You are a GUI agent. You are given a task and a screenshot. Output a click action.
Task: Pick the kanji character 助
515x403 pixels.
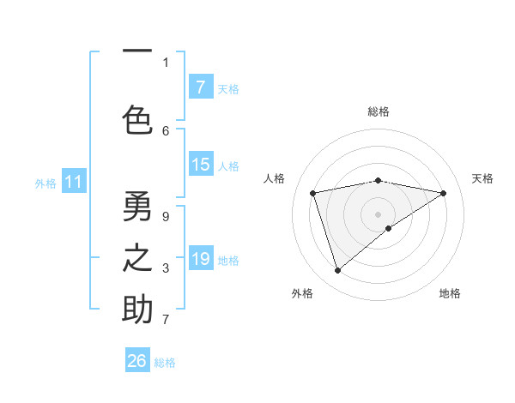click(137, 310)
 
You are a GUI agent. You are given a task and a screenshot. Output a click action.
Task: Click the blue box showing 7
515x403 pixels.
click(200, 87)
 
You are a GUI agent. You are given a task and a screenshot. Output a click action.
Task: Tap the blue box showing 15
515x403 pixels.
click(200, 165)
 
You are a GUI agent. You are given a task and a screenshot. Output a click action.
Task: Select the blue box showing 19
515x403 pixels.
click(200, 259)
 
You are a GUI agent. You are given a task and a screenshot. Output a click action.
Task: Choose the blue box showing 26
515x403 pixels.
click(137, 361)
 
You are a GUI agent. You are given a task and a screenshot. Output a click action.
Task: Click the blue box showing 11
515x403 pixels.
click(73, 182)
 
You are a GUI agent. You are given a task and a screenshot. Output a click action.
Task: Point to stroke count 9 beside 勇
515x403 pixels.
click(166, 216)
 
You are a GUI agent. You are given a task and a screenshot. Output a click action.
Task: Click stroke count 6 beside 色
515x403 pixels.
click(166, 130)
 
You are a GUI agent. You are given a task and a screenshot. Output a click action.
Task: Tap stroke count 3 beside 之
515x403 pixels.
click(166, 268)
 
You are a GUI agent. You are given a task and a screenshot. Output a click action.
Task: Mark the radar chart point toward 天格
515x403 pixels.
click(444, 193)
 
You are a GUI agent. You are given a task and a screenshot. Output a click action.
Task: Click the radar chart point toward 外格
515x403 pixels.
click(337, 271)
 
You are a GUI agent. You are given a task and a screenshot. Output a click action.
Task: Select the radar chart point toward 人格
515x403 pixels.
click(313, 193)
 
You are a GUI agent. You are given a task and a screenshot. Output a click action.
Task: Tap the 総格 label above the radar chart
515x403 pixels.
click(379, 111)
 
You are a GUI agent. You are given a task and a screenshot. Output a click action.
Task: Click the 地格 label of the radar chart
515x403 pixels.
click(450, 293)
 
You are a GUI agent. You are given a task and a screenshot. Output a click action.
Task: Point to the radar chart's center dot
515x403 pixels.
click(379, 214)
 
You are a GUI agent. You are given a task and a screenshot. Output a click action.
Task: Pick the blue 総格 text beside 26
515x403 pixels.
click(165, 363)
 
